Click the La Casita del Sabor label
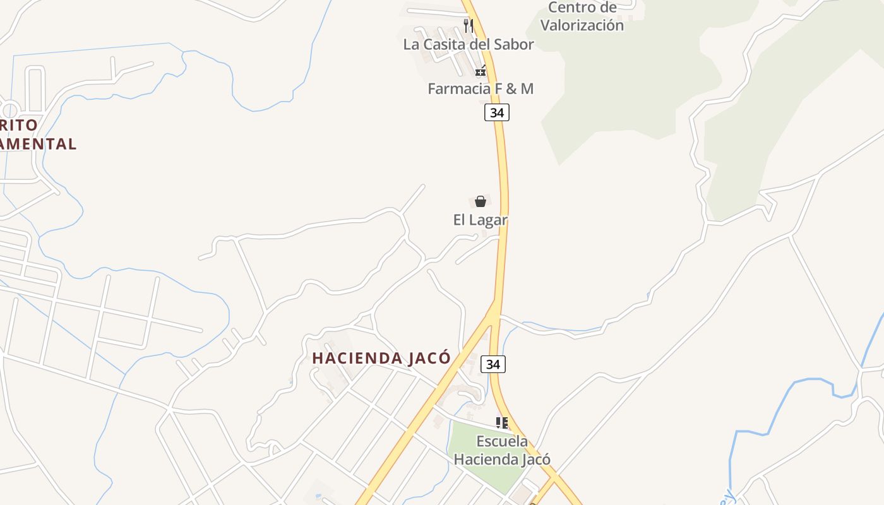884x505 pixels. coord(469,44)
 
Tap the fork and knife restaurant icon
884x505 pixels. coord(468,25)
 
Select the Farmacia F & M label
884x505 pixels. coord(481,88)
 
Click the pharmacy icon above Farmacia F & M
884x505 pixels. coord(481,71)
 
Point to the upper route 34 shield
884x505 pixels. coord(497,112)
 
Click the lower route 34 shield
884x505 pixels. coord(493,364)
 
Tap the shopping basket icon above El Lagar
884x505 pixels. coord(481,201)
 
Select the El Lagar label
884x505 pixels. coord(481,220)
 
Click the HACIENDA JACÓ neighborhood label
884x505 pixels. coord(381,358)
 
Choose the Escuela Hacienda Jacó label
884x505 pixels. coord(502,450)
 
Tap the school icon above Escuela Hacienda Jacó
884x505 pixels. coord(502,422)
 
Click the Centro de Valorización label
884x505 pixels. coord(582,16)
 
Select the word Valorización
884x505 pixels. coord(582,25)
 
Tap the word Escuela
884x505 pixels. coord(502,441)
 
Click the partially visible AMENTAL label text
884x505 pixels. coord(38,144)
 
